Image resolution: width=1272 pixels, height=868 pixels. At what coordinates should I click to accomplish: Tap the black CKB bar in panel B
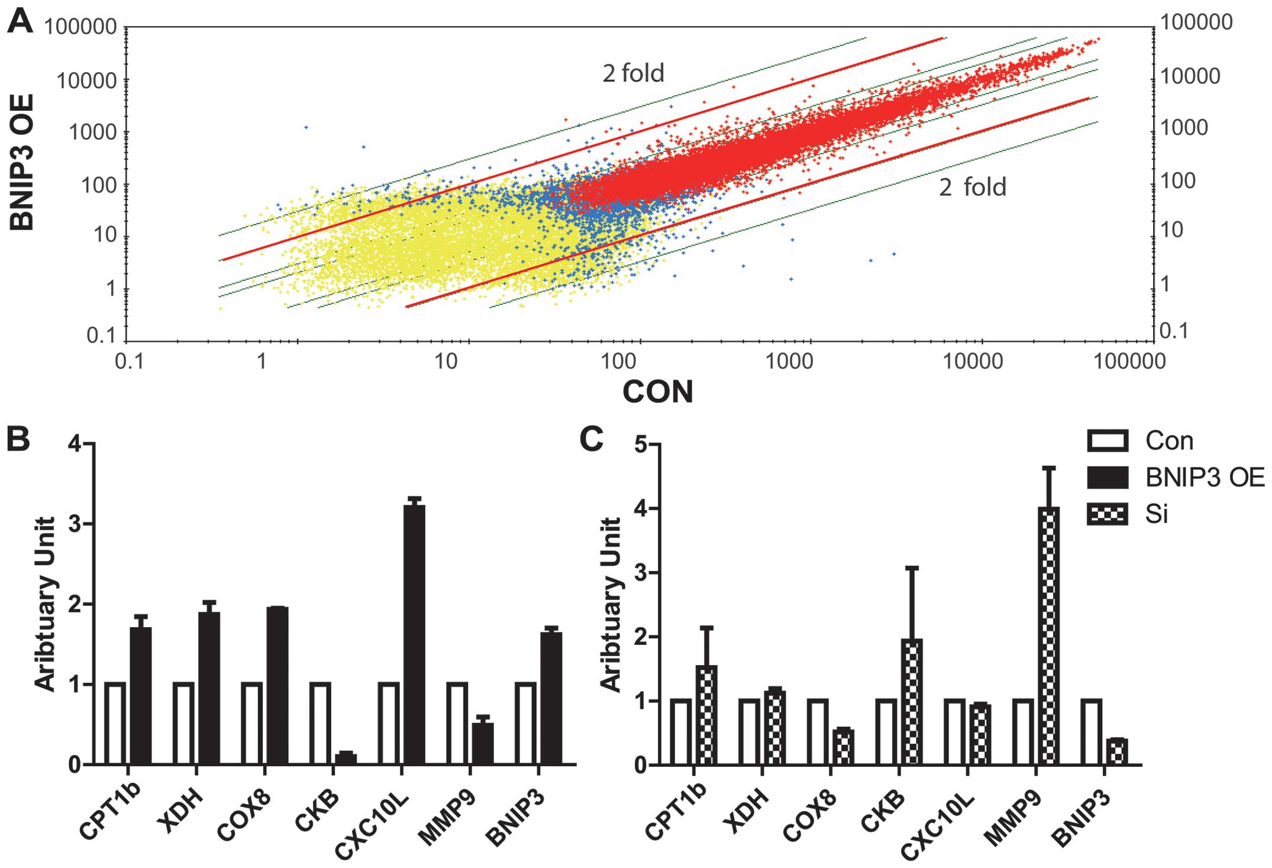346,759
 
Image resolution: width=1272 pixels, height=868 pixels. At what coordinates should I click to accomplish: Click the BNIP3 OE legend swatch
1108,477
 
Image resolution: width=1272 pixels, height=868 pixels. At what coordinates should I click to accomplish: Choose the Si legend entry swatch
1108,514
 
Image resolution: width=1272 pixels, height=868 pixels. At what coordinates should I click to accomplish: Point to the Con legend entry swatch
1108,441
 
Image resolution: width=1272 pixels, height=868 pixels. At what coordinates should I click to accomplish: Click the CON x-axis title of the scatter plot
657,392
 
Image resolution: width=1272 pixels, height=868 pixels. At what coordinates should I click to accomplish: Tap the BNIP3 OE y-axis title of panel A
22,163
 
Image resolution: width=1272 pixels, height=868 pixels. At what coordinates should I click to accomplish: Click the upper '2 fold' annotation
633,73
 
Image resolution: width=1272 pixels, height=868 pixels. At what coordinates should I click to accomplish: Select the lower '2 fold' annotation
972,187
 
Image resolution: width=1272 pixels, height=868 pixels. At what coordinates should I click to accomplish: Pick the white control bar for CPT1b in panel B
115,723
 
